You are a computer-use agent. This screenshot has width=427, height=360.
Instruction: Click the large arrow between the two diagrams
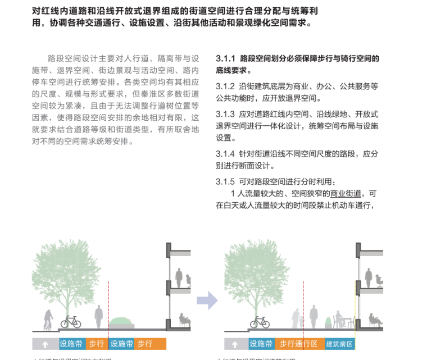[207, 300]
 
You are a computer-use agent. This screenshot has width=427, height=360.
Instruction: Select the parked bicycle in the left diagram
[71, 322]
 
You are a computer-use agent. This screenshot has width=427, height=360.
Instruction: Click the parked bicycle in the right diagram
[260, 322]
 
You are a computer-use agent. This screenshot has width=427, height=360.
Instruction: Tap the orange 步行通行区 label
[298, 344]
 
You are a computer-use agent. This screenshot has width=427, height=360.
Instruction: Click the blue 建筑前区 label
[339, 344]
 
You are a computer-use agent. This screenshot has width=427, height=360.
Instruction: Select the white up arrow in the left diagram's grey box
[46, 344]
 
